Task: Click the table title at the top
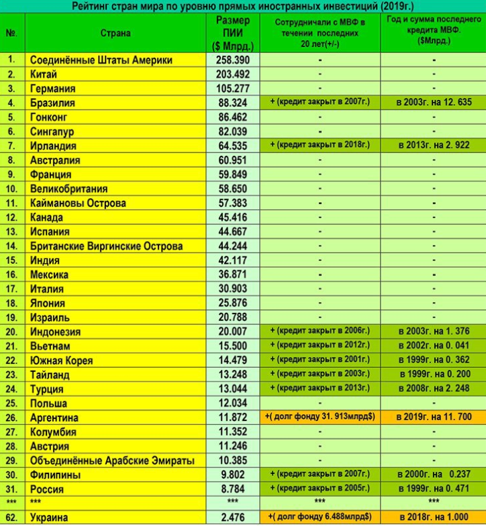242,6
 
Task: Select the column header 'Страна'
115,33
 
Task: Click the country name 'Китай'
44,75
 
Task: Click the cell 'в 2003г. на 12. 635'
433,103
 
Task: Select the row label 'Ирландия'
53,146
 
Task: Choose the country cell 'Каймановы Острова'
78,203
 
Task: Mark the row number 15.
11,260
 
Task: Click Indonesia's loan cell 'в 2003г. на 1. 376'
433,332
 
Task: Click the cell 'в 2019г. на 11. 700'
433,418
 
